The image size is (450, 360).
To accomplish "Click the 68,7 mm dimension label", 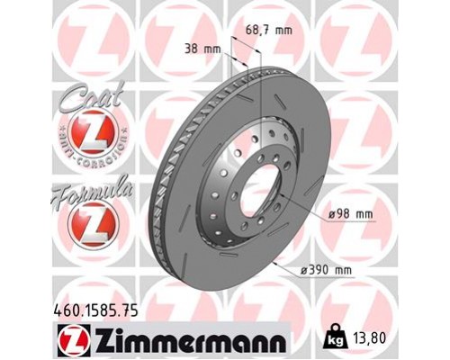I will click(x=269, y=31).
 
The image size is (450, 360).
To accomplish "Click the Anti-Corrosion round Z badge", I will click(x=89, y=138).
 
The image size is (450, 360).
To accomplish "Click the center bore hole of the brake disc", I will click(x=251, y=184).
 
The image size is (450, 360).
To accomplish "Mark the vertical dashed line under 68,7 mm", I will click(x=262, y=90).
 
